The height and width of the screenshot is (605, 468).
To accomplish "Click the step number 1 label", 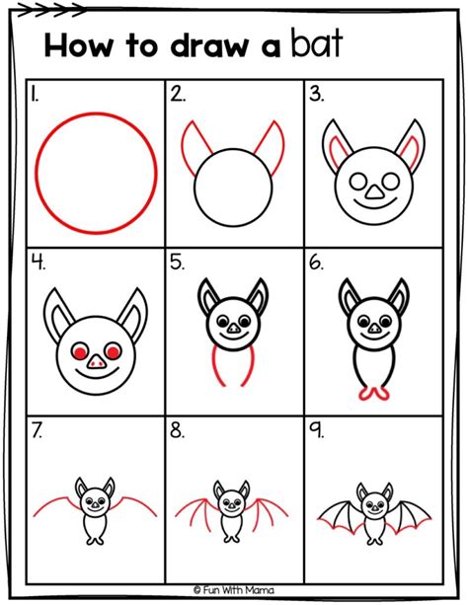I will point(35,95).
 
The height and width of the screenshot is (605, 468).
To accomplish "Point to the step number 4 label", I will point(37,264).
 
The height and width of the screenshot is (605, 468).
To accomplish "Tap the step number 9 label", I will point(317,431).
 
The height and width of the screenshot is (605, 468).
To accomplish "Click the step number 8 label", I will point(178,431).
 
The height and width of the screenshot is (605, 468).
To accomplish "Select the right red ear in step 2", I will point(267,144).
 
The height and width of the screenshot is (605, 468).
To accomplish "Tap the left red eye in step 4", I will point(78,351).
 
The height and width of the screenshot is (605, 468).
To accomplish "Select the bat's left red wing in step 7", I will point(54,506).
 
